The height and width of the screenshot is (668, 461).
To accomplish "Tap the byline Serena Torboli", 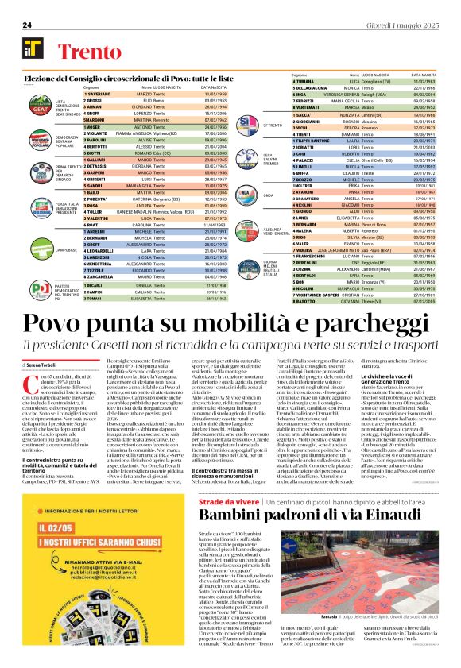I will pos(47,363).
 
